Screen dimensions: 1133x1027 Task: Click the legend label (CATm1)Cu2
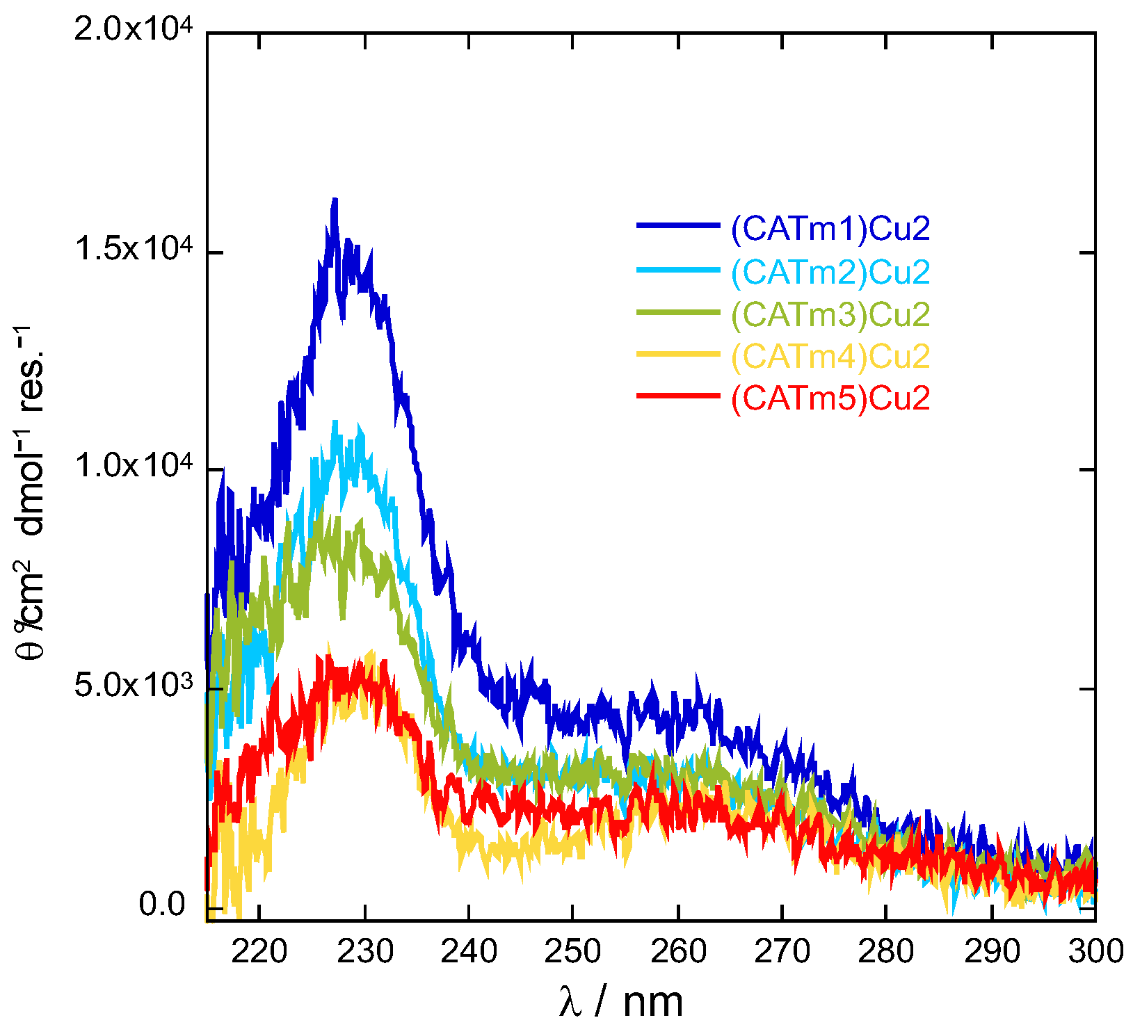[830, 228]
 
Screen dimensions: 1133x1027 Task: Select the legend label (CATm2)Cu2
[830, 271]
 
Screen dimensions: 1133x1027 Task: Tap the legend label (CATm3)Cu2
[830, 314]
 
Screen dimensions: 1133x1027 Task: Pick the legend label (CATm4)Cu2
[830, 356]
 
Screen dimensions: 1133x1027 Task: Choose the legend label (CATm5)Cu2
[830, 398]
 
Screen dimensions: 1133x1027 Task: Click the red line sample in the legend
[677, 396]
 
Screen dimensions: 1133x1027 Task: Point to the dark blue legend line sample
[677, 225]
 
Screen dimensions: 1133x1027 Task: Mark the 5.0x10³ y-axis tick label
[132, 685]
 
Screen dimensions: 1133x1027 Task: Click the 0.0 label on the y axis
[161, 904]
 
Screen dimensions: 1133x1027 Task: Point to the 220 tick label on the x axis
[259, 951]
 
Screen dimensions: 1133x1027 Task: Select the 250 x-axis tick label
[572, 951]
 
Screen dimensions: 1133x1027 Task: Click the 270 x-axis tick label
[782, 951]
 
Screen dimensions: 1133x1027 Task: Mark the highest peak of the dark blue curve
[335, 200]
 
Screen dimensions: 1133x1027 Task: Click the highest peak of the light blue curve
[336, 422]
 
